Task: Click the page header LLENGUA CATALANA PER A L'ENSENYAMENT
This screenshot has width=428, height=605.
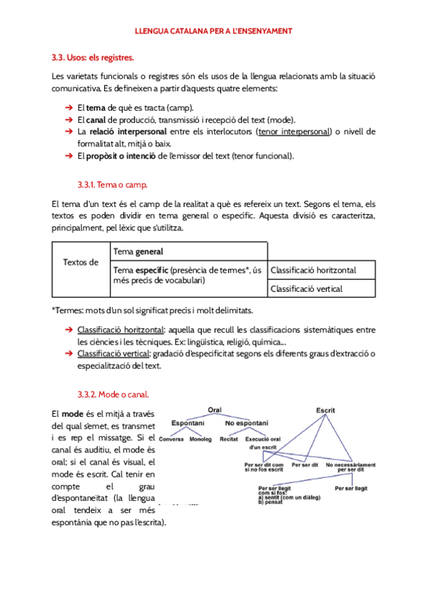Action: coord(214,31)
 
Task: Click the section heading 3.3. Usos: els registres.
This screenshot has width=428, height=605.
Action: coord(93,56)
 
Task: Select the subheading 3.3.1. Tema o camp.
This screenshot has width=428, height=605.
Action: coord(112,185)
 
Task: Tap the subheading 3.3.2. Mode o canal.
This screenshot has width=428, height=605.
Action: coord(113,394)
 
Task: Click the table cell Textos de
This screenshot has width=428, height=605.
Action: coord(81,263)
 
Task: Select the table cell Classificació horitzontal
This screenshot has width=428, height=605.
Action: coord(313,270)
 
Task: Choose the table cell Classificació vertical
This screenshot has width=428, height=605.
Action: coord(307,289)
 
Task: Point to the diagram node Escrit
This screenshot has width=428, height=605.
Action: coord(326,410)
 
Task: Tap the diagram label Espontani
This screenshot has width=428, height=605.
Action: coord(188,423)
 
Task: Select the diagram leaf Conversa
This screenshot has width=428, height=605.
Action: coord(172,439)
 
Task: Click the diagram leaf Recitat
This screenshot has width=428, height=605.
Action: coord(229,439)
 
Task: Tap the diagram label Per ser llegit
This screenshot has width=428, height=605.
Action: coord(351,489)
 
